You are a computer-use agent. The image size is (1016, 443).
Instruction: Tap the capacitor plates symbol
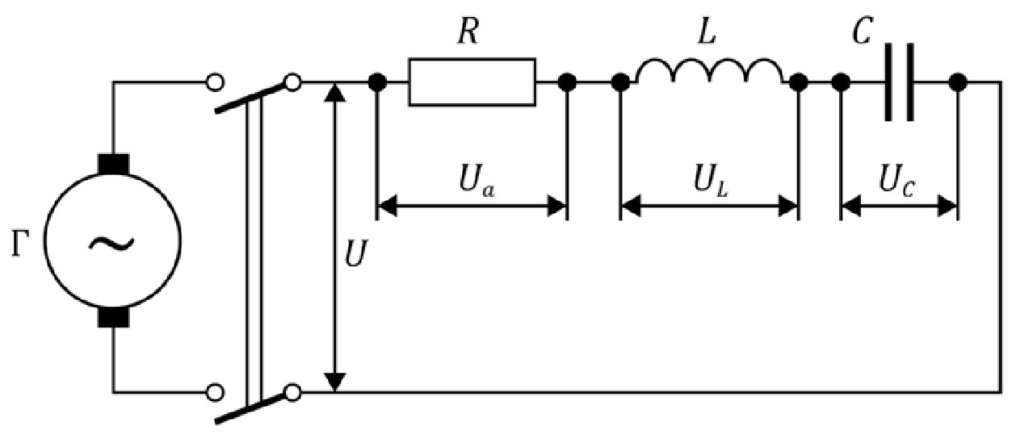click(900, 82)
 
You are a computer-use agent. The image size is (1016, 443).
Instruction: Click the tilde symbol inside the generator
click(111, 244)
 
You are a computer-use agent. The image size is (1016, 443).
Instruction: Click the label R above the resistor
click(468, 31)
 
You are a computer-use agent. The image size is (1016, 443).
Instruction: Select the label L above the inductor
click(707, 31)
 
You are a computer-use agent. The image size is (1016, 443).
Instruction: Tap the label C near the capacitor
click(862, 31)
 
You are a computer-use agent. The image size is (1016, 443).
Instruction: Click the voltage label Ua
click(477, 181)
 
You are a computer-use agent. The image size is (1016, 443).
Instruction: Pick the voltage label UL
click(711, 181)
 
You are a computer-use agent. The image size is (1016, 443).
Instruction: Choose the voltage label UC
click(896, 181)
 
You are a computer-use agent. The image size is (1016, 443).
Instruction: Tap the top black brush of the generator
click(113, 164)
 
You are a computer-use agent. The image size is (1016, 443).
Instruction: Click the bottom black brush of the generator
click(113, 317)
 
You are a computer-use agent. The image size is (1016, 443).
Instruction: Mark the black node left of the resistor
click(377, 82)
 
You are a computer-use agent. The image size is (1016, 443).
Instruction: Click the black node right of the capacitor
click(958, 82)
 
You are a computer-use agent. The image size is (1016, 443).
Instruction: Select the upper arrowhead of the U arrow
click(335, 93)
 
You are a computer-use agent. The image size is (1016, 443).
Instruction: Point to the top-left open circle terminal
click(215, 82)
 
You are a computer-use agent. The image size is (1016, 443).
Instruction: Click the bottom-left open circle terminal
click(215, 392)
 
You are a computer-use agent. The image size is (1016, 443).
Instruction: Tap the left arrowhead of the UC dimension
click(851, 206)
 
